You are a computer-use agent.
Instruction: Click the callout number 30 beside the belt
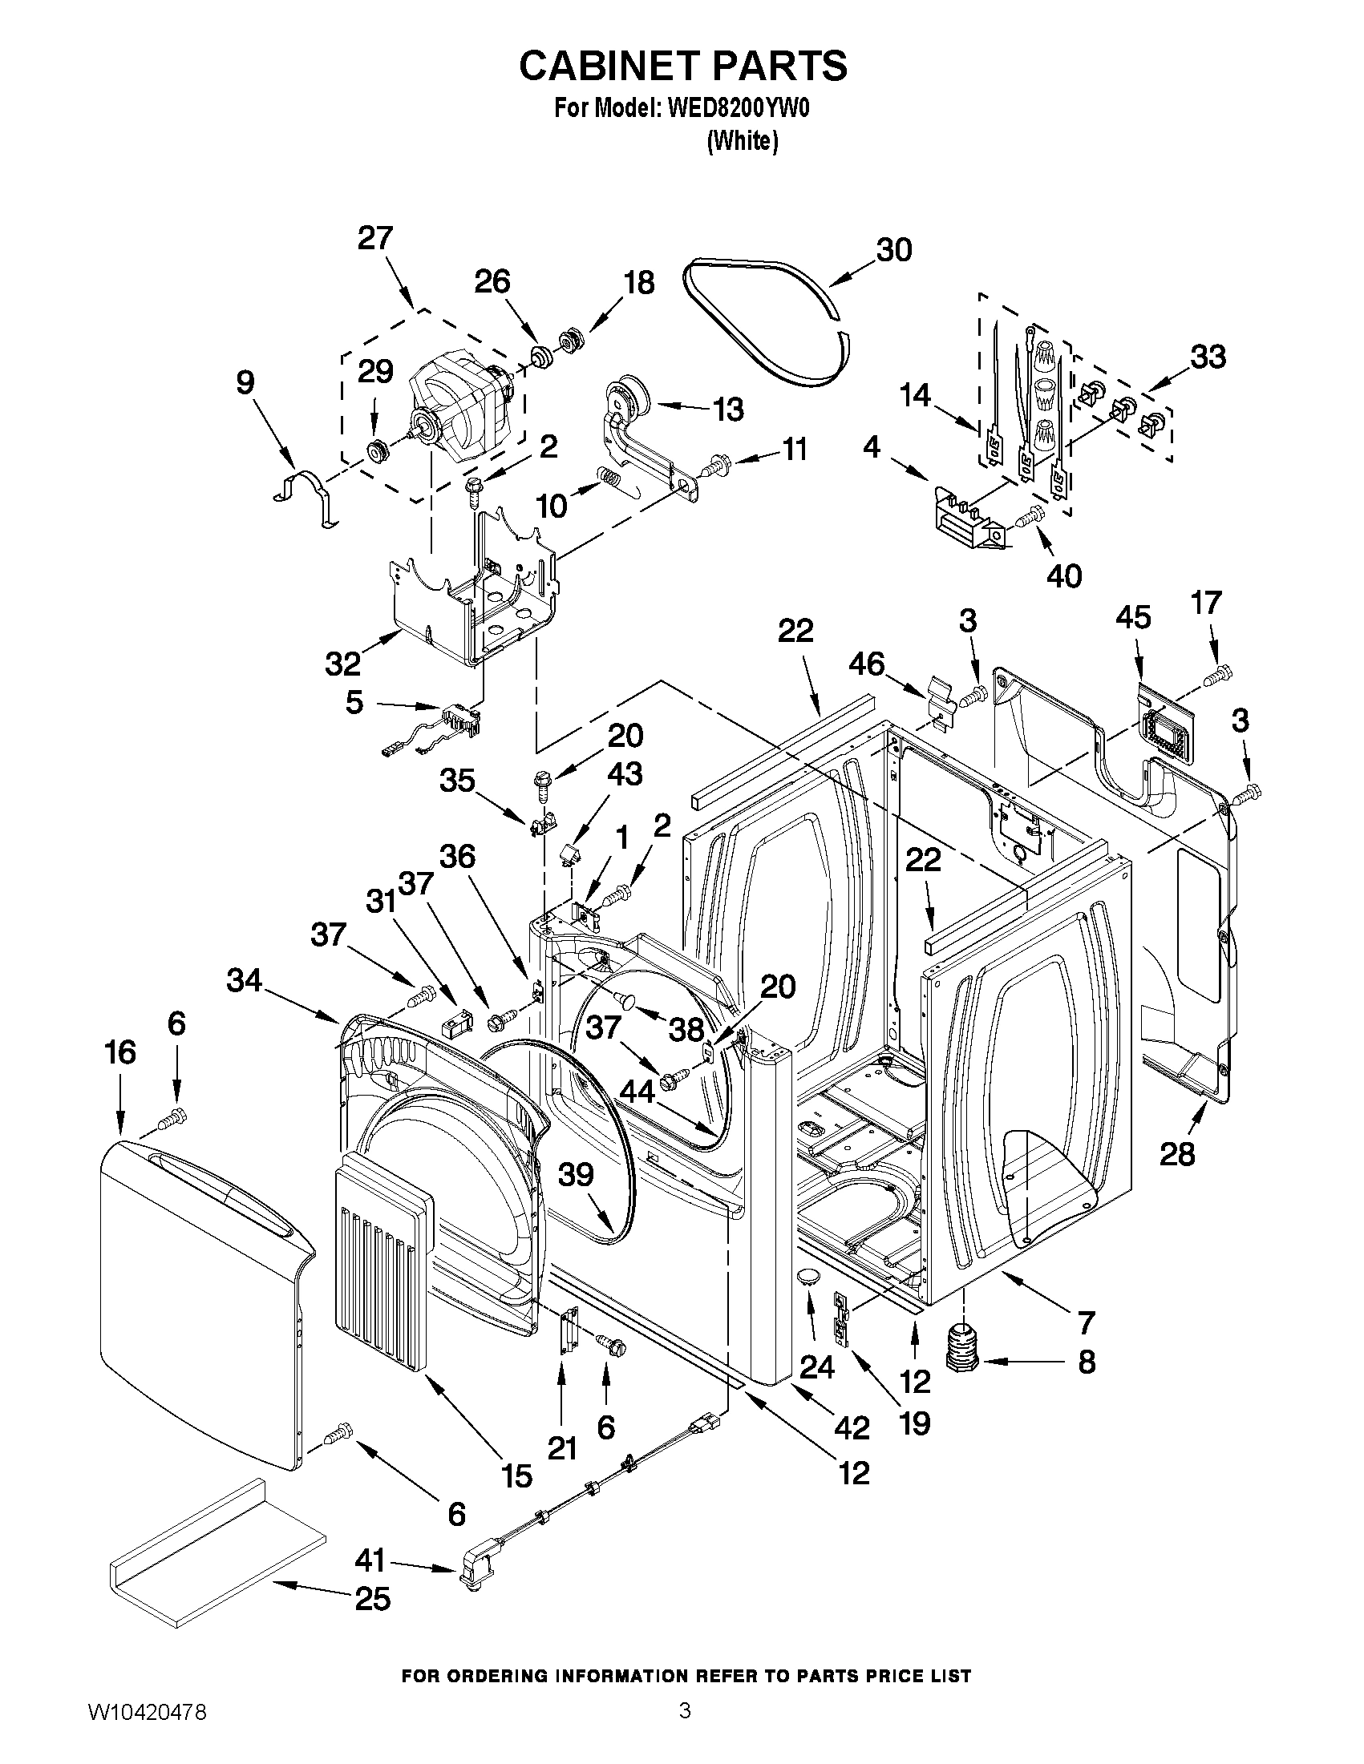[x=894, y=249]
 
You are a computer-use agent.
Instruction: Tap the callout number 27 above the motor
[x=375, y=239]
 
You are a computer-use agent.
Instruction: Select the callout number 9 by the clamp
[x=245, y=382]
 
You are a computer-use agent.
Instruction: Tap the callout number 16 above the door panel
[x=119, y=1052]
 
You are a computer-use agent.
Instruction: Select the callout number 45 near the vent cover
[x=1133, y=618]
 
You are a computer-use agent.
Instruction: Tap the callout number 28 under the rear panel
[x=1176, y=1154]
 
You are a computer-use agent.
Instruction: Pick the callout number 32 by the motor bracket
[x=342, y=664]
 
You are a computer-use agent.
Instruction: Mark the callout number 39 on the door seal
[x=575, y=1174]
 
